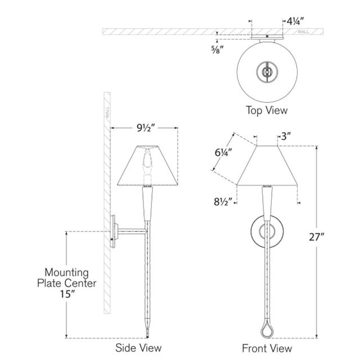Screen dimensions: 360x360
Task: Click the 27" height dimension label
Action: [317, 237]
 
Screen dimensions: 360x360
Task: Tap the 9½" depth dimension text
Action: [146, 128]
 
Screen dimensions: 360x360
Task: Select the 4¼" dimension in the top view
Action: [295, 21]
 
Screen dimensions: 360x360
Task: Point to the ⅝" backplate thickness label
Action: [218, 49]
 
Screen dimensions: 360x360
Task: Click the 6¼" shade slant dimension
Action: [223, 152]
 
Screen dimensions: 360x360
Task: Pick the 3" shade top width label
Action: [286, 137]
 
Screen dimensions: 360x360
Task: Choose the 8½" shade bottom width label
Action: [223, 202]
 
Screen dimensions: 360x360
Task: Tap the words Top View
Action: [267, 110]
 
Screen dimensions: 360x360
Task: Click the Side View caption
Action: [138, 348]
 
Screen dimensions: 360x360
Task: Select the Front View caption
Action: [267, 348]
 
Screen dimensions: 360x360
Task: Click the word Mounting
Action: [66, 273]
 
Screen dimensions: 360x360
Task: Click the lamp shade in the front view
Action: [267, 165]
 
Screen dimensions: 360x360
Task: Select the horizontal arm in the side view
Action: [131, 231]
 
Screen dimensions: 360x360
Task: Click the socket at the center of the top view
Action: [267, 72]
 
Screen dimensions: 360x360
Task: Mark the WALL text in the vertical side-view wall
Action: [107, 112]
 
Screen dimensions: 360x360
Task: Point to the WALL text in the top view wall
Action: [303, 32]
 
